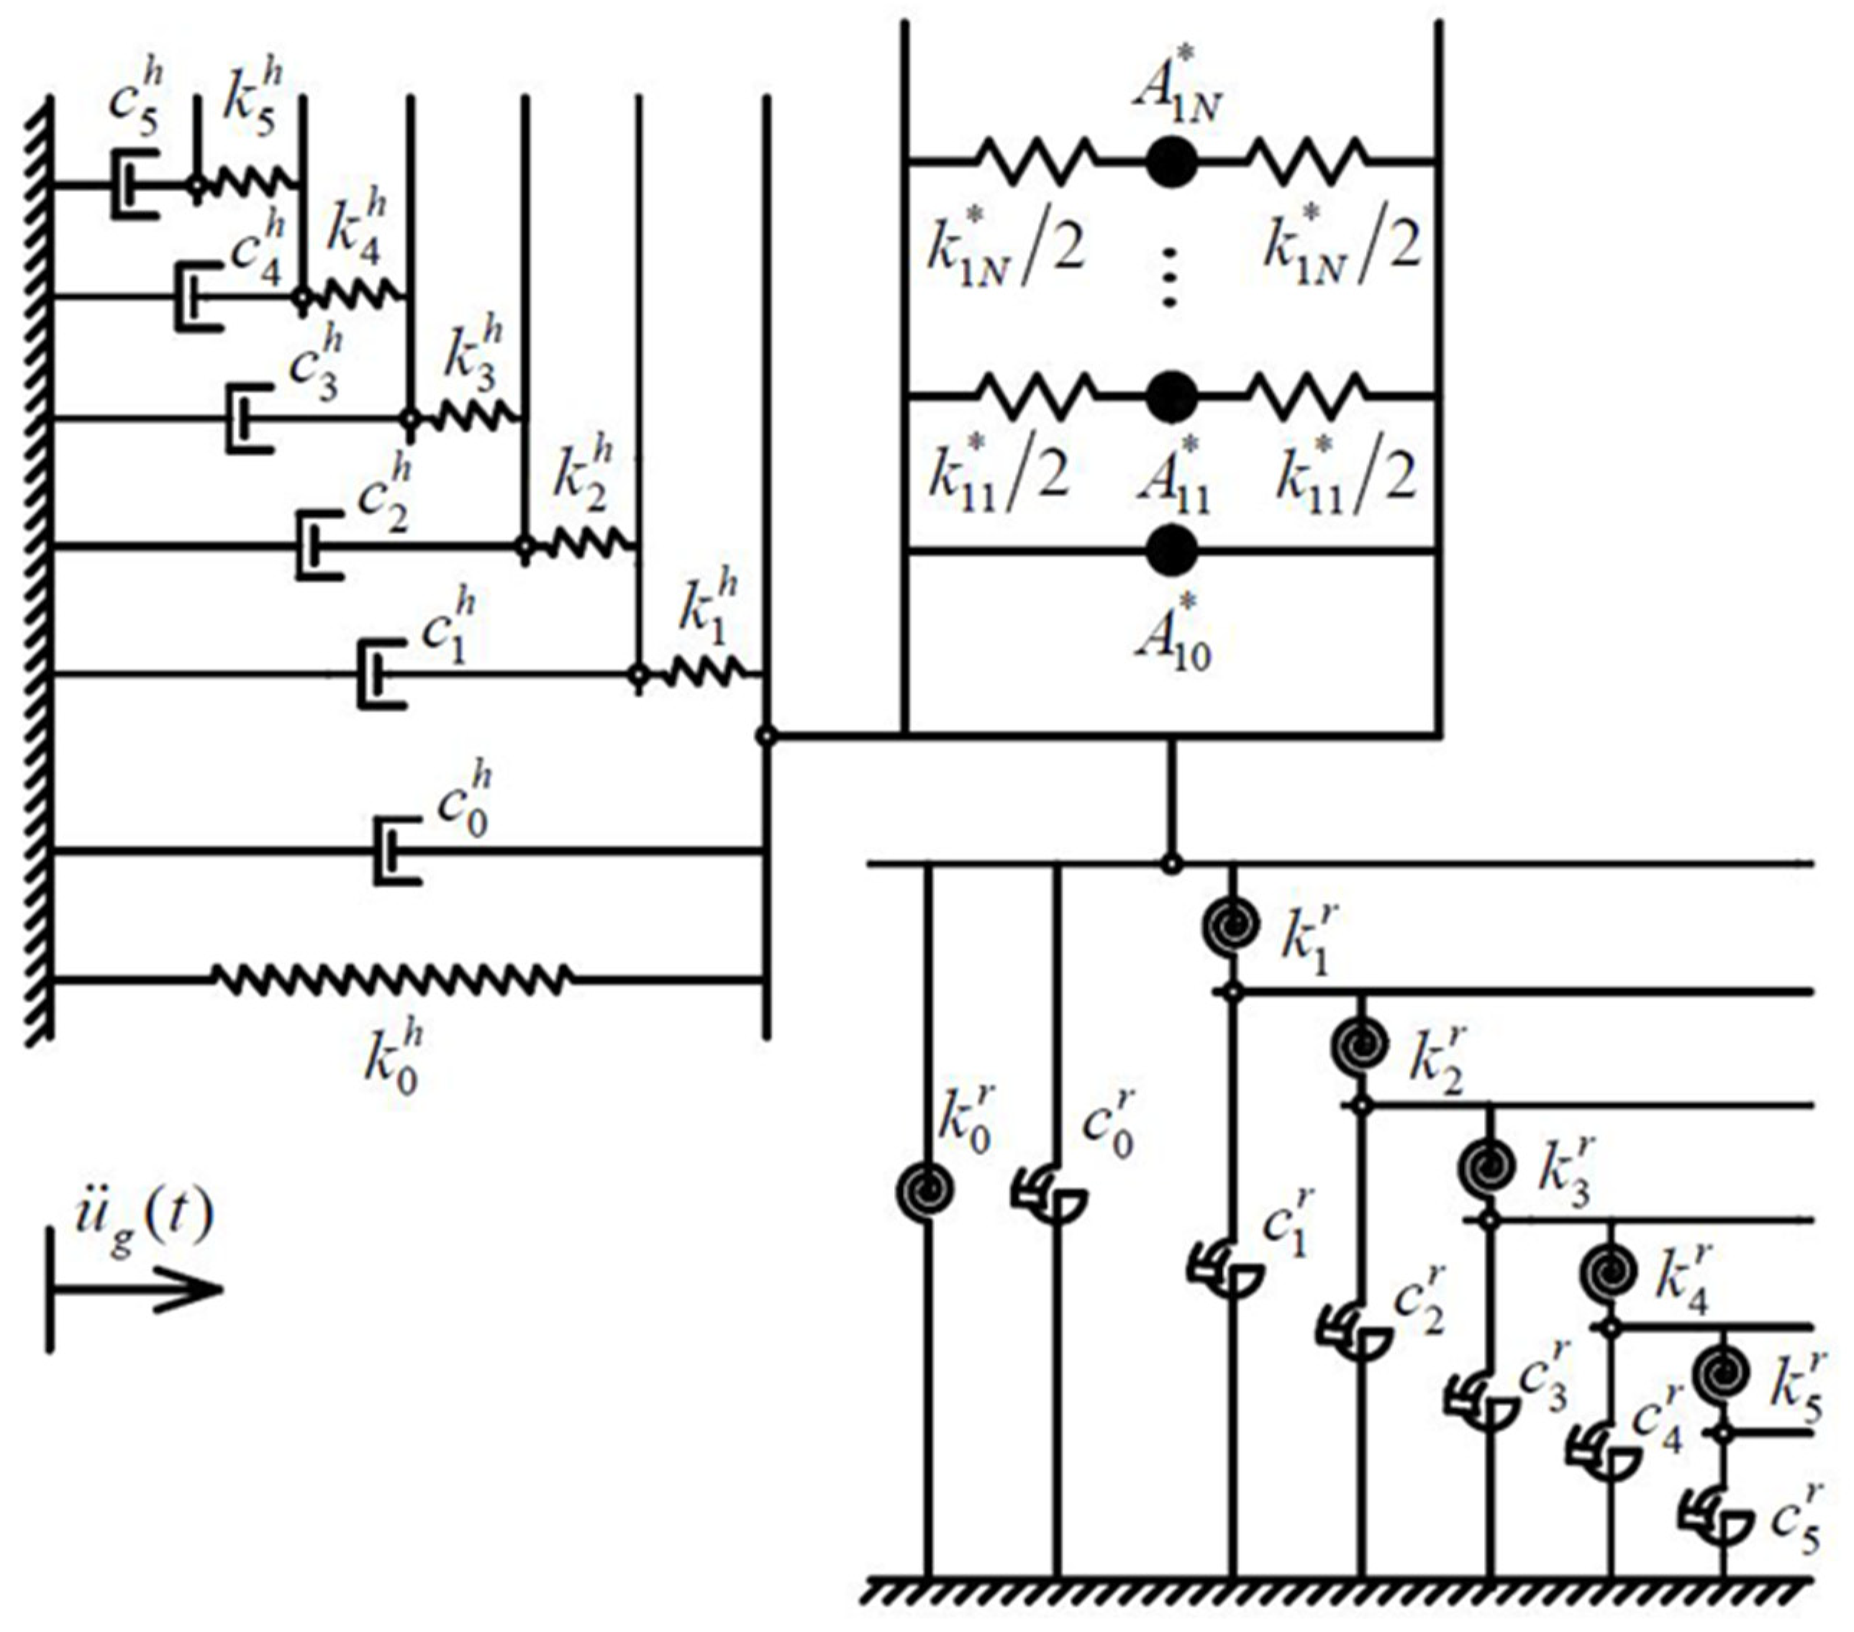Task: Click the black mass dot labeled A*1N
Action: point(1171,161)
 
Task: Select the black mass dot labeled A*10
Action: point(1171,550)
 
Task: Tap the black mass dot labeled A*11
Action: point(1171,396)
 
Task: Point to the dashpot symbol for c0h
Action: point(396,850)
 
